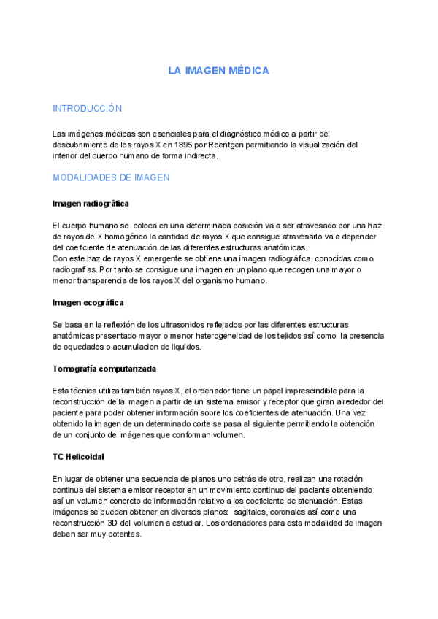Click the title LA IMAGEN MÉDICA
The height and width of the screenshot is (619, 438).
[x=219, y=71]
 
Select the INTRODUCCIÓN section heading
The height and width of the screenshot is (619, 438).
[x=87, y=109]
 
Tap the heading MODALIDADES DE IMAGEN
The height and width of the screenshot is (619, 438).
[x=111, y=177]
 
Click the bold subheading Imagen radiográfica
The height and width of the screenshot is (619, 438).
[x=91, y=203]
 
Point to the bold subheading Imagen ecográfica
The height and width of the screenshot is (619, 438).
[x=88, y=302]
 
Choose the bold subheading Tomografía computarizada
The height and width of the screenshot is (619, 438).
[x=104, y=368]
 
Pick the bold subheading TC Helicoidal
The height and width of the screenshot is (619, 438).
[x=79, y=457]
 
